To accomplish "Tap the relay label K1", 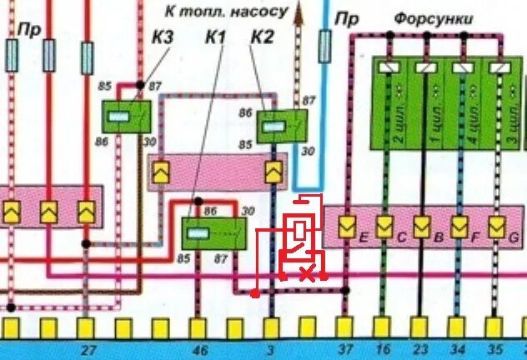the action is click(216, 37).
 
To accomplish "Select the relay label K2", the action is click(261, 37).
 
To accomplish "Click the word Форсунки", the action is click(433, 17).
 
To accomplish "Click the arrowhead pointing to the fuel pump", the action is click(298, 12).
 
